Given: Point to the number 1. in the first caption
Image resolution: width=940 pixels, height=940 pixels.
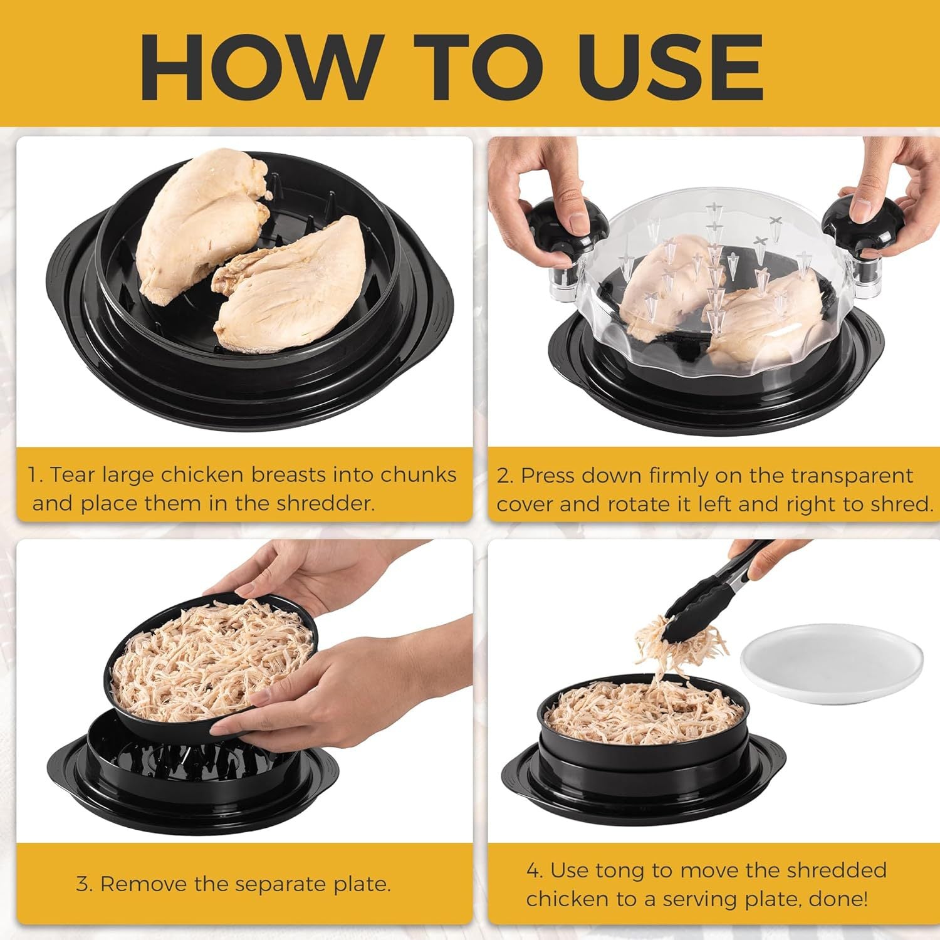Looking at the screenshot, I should coord(35,475).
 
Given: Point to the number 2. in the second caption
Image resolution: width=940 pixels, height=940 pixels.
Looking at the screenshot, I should coord(505,476).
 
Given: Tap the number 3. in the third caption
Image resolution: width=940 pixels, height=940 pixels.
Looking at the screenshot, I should coord(84,884).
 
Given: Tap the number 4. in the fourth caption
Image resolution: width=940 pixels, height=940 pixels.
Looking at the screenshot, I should coord(534,870).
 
